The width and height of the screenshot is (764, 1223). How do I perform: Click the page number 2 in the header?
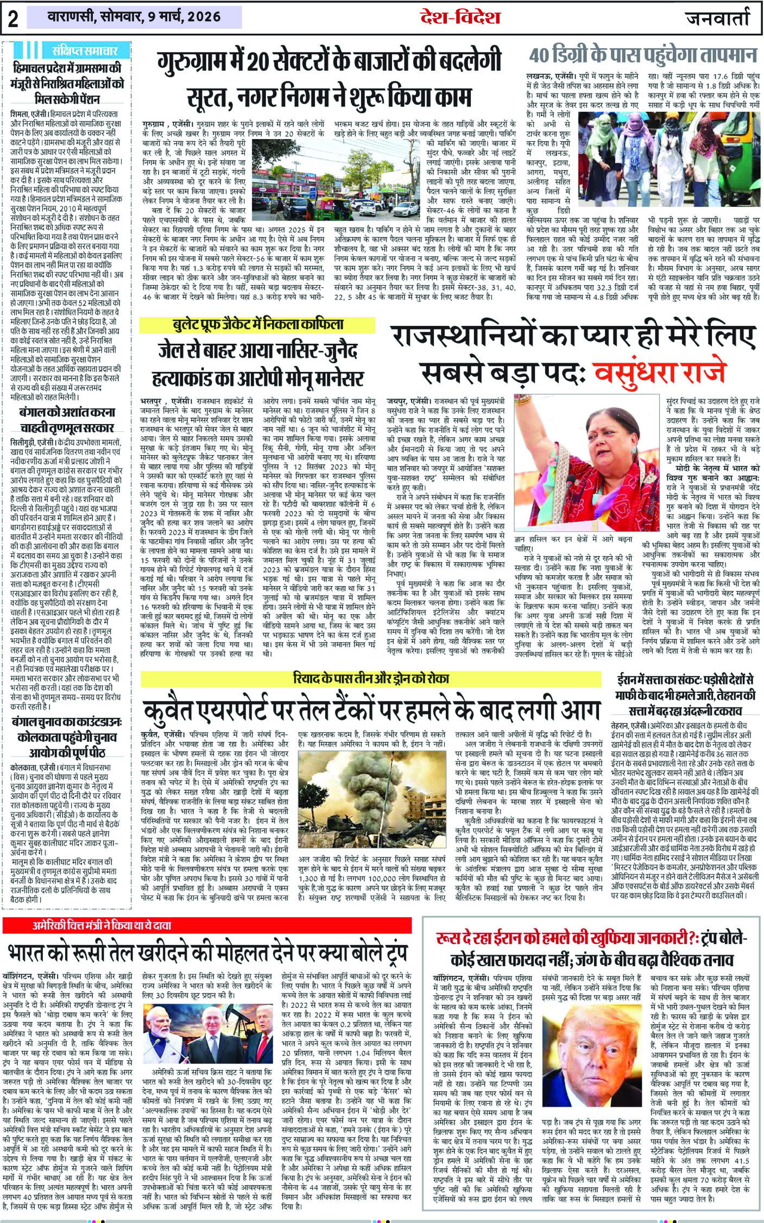click(x=13, y=18)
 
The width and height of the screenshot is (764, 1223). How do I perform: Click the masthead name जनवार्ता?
click(x=717, y=18)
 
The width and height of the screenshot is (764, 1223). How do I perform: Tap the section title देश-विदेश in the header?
click(x=459, y=17)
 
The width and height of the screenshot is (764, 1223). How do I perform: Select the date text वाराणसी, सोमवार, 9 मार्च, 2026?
click(x=134, y=17)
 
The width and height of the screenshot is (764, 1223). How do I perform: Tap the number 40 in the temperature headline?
click(x=539, y=56)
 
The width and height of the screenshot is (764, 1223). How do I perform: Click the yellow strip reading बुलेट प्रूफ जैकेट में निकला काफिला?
click(x=257, y=325)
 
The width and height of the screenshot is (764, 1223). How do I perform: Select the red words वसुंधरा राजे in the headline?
click(x=659, y=372)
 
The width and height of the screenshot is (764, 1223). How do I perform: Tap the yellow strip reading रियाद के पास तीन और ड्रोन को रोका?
click(x=371, y=679)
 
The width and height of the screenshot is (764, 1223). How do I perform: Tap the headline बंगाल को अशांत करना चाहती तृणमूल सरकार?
click(x=67, y=419)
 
